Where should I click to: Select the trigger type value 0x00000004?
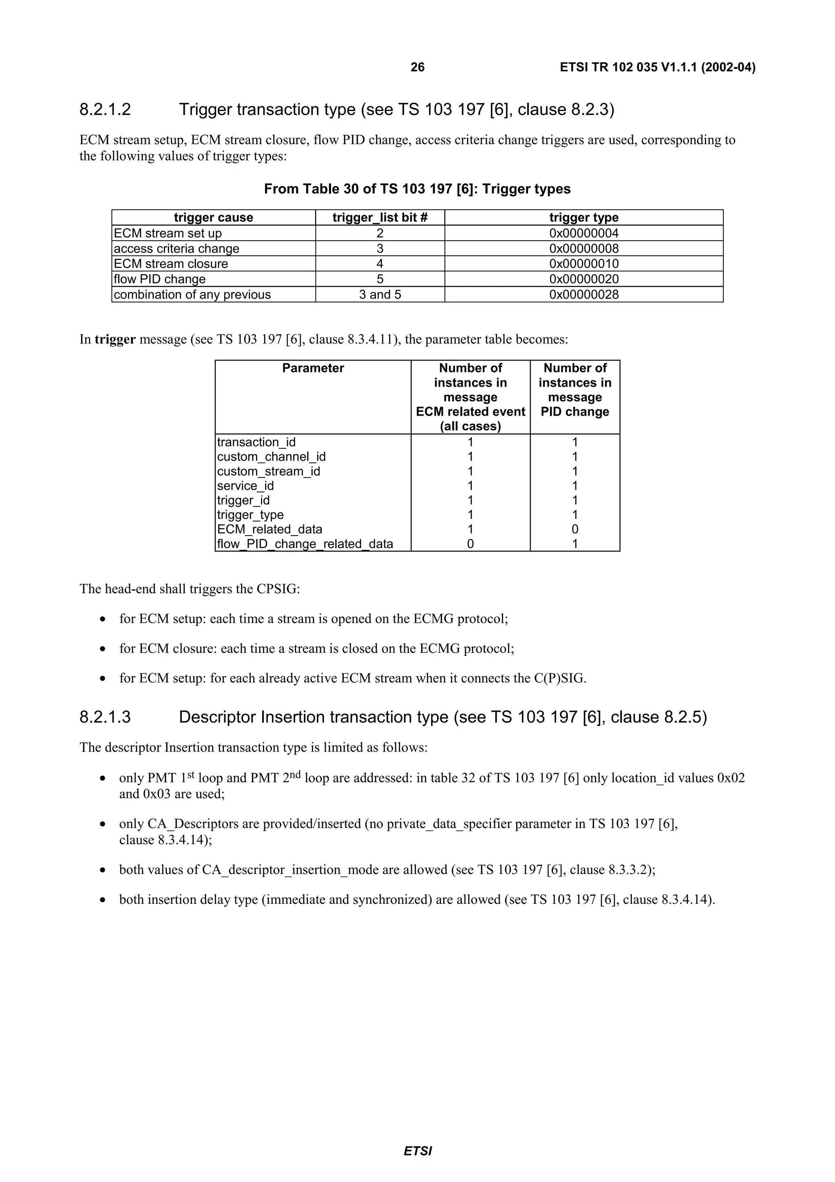(x=583, y=233)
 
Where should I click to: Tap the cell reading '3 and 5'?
(x=380, y=294)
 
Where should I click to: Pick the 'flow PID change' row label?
(x=159, y=279)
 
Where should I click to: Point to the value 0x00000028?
(x=583, y=294)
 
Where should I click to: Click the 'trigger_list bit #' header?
(x=380, y=217)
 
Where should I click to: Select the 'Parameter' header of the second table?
(x=313, y=368)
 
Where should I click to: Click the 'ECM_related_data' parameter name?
(x=269, y=529)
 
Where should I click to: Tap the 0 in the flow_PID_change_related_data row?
(x=470, y=544)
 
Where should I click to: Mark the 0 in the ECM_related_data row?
(x=574, y=529)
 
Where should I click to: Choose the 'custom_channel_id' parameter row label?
(x=271, y=457)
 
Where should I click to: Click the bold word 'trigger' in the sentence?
(x=115, y=339)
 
